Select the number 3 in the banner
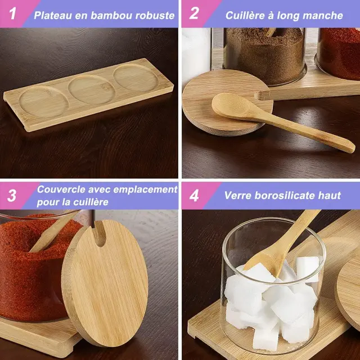tap(11, 195)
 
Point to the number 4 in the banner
tap(194, 195)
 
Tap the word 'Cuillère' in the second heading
tap(244, 15)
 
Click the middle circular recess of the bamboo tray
tap(92, 89)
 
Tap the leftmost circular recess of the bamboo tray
tap(44, 102)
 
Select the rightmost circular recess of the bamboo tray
tap(136, 78)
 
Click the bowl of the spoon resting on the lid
tap(229, 105)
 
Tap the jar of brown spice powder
tap(264, 56)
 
